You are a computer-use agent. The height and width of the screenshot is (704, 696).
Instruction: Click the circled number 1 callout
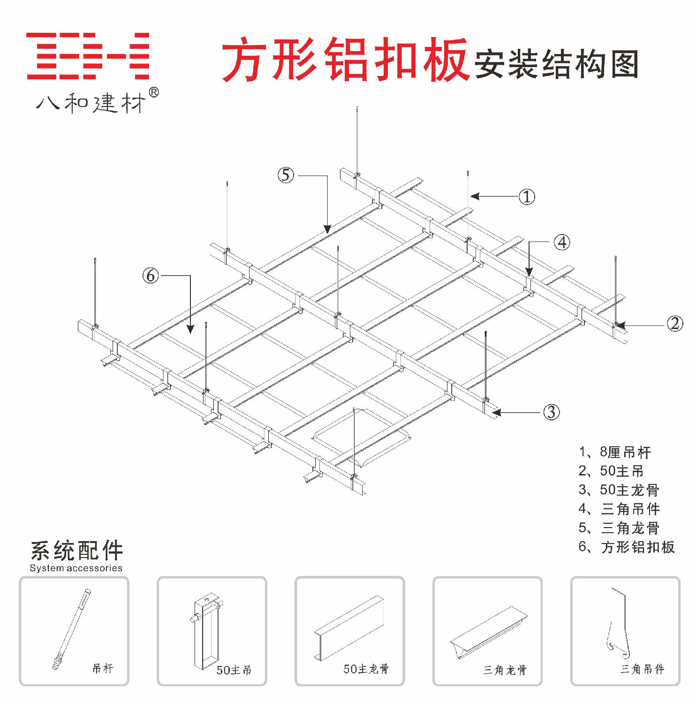(x=527, y=197)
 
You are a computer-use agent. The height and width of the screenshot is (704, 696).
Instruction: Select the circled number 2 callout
(x=674, y=323)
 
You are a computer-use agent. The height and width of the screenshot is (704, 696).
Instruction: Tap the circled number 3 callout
(x=551, y=412)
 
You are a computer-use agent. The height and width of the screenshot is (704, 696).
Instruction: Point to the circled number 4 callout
(x=562, y=242)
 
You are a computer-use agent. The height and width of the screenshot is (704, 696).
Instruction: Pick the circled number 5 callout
(x=286, y=175)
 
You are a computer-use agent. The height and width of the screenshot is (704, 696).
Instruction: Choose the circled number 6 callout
(x=151, y=275)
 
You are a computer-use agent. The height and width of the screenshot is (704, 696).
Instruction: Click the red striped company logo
(x=88, y=56)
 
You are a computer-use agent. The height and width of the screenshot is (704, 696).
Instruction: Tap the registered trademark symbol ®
(x=153, y=92)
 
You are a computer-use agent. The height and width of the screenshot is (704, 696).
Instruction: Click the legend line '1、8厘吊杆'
(x=614, y=452)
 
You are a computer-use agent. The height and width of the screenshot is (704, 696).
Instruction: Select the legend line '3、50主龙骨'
(x=619, y=490)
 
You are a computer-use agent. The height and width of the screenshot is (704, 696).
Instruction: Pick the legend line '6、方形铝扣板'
(x=626, y=547)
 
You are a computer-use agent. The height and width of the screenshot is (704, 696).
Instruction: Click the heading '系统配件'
(x=76, y=551)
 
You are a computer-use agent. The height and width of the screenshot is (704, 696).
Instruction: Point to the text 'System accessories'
(x=76, y=568)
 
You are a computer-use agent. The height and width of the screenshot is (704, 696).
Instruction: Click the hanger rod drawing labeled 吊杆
(x=71, y=629)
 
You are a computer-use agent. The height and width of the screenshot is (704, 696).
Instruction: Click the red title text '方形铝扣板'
(x=345, y=60)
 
